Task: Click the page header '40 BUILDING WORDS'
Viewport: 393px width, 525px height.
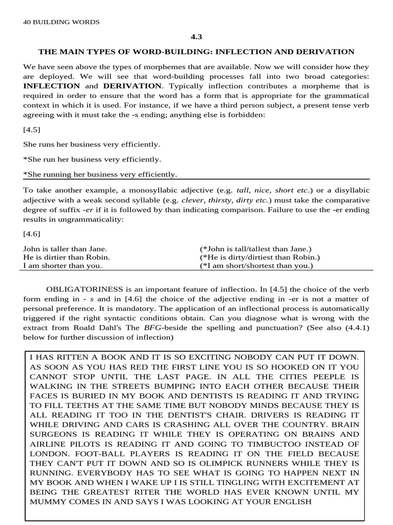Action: pos(61,22)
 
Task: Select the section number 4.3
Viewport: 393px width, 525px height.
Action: pos(196,37)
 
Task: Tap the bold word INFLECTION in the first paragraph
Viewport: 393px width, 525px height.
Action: pos(52,86)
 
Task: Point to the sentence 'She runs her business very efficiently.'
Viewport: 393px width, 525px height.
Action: pos(92,145)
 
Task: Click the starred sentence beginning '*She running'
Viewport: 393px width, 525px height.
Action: pos(100,174)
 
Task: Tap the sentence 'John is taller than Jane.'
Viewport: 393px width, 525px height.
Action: pos(62,248)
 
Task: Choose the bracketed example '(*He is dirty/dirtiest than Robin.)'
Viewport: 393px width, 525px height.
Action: pos(259,257)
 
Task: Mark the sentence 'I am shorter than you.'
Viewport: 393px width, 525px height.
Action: pos(62,266)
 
